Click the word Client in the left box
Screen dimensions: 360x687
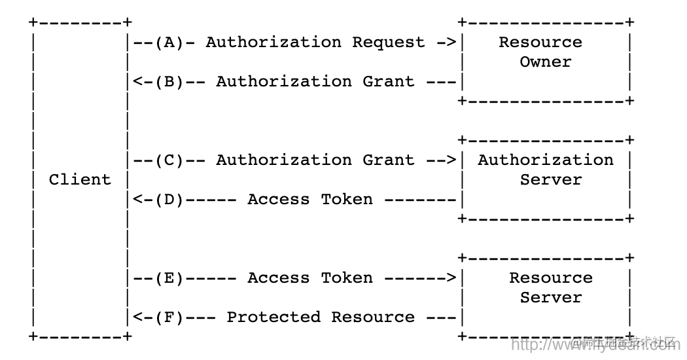click(80, 180)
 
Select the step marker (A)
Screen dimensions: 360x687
click(169, 43)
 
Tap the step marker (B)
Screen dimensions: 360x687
click(169, 82)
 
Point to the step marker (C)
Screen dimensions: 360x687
click(169, 160)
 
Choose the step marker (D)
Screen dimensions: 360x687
click(169, 200)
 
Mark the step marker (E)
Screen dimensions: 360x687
click(169, 278)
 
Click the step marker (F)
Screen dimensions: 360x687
click(169, 317)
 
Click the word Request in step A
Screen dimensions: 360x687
click(389, 43)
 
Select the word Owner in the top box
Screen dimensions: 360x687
click(546, 62)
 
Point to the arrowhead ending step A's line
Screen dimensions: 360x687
click(451, 43)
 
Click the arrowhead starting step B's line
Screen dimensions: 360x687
click(137, 82)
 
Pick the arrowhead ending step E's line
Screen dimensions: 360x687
click(451, 278)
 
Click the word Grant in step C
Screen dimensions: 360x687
click(389, 160)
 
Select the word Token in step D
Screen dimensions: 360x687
click(347, 200)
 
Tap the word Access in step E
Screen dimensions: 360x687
click(279, 278)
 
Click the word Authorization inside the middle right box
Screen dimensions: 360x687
click(546, 160)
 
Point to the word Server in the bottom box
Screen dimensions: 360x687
click(551, 298)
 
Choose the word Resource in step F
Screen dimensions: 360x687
click(373, 317)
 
